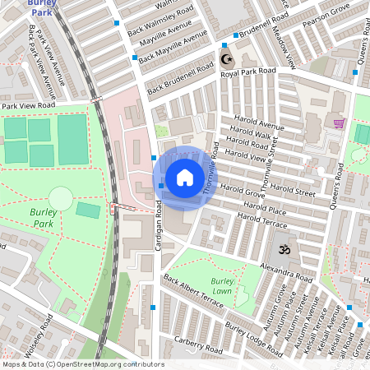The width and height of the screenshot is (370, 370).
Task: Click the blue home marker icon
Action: pyautogui.click(x=185, y=178)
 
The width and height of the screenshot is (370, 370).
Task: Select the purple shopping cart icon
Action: pyautogui.click(x=339, y=123)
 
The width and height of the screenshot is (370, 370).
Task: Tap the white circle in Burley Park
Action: pyautogui.click(x=60, y=198)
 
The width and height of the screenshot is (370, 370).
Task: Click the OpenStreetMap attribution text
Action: pyautogui.click(x=82, y=364)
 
